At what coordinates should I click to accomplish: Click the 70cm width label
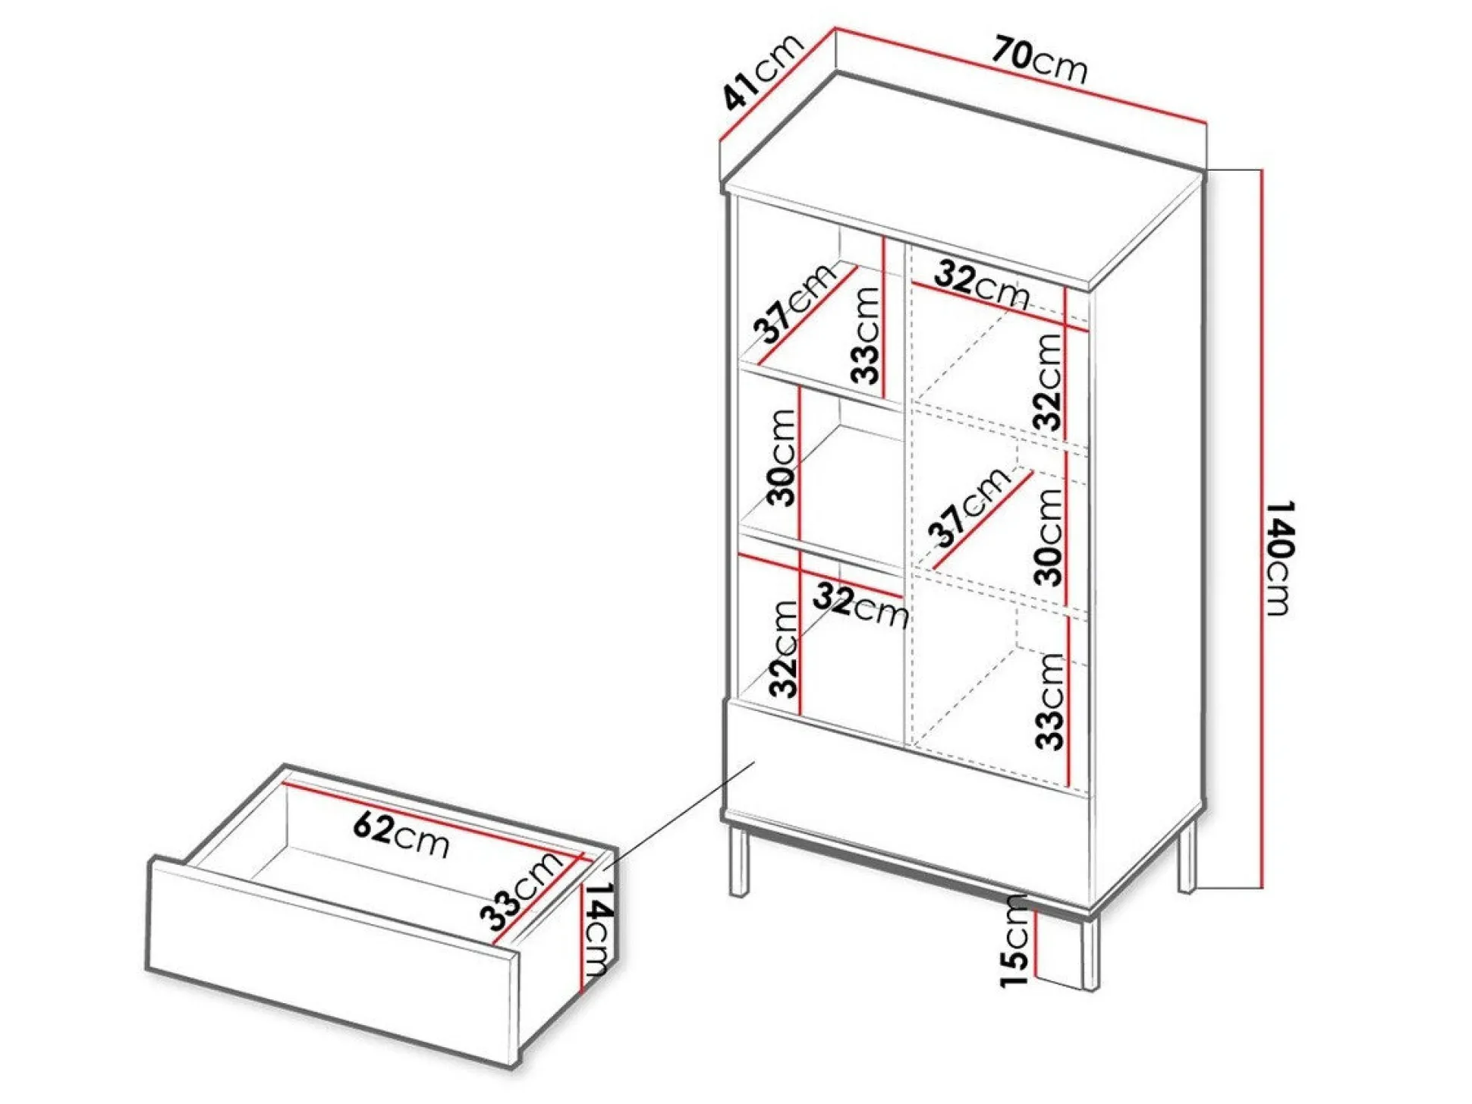(1040, 59)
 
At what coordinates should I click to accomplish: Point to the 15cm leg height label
(1014, 940)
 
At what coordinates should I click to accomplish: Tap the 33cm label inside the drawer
(522, 891)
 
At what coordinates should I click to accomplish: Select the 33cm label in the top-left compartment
(865, 334)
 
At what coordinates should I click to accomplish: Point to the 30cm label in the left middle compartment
(782, 458)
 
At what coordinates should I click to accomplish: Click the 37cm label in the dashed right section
(970, 506)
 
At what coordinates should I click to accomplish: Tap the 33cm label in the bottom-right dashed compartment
(1050, 701)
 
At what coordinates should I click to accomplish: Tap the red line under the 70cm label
(1021, 77)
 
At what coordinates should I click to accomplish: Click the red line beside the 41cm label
(777, 86)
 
